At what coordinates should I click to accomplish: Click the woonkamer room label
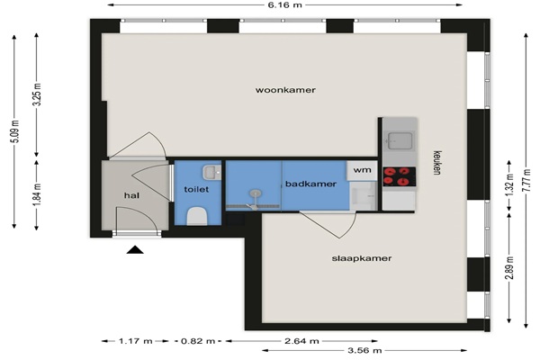coord(285,90)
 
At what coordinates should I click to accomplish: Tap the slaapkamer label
coord(362,258)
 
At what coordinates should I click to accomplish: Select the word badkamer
coord(310,184)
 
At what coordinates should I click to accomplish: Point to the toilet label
coord(196,189)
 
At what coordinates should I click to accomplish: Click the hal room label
coord(132,195)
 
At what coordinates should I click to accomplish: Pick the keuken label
coord(437,163)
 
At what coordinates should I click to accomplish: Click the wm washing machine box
coord(362,170)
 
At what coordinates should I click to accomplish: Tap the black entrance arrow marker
coord(135,249)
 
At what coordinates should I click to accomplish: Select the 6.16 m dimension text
coord(284,4)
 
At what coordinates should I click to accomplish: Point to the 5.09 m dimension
coord(14,132)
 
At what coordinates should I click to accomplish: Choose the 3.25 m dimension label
coord(37,94)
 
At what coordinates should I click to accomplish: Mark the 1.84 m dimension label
coord(37,195)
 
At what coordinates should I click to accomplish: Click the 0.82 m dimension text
coord(198,341)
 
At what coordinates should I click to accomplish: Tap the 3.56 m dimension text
coord(364,351)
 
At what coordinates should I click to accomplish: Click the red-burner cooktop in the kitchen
coord(400,176)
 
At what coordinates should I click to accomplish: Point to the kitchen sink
coord(400,141)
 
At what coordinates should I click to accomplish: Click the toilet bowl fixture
coord(197,216)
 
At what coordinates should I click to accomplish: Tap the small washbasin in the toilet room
coord(211,172)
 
